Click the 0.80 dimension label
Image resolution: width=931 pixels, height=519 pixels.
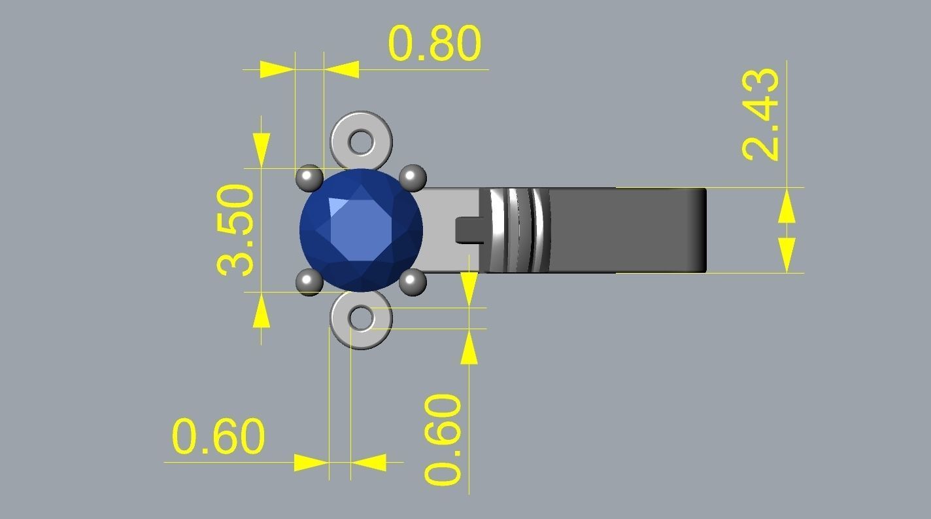435,44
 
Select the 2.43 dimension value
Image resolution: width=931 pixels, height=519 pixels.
762,114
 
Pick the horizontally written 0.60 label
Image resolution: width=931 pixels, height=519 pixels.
218,437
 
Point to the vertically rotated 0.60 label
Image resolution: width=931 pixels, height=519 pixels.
444,439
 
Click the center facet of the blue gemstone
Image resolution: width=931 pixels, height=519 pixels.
361,229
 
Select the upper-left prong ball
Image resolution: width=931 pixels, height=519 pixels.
309,177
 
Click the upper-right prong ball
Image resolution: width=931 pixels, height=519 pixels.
413,177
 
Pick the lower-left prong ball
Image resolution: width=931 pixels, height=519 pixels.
309,282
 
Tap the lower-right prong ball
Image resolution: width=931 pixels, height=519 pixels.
413,282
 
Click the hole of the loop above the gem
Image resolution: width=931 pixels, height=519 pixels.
361,141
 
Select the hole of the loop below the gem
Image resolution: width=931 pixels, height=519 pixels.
361,319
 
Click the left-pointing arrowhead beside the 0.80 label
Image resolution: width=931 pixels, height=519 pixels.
341,69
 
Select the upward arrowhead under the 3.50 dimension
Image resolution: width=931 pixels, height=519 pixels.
261,310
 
